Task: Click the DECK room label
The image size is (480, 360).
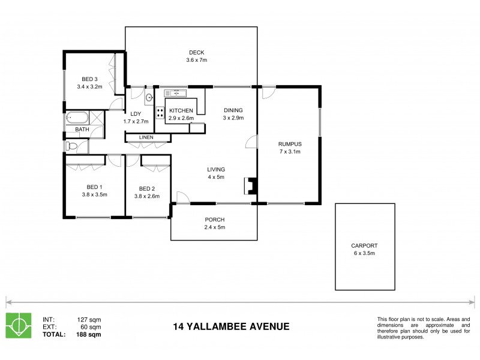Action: coord(197,52)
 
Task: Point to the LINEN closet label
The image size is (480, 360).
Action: coord(146,137)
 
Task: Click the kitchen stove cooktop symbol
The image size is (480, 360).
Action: coord(160,112)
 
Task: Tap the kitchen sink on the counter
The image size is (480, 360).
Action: coord(177,93)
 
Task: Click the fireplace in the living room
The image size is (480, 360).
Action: coord(251,187)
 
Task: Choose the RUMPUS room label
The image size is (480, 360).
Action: coord(289,144)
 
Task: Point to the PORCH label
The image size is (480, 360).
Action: coord(214,220)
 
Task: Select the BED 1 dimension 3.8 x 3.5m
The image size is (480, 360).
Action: coord(94,194)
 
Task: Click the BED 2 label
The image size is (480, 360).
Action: coord(148,187)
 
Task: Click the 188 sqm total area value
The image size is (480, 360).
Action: coord(89,334)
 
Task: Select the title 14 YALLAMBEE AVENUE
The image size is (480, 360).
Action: coord(231,327)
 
